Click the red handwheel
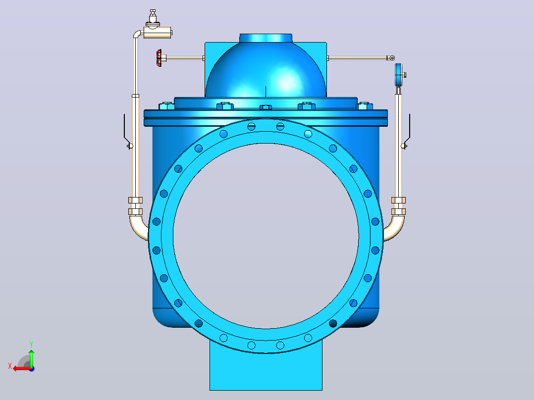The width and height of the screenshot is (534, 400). [x=159, y=58]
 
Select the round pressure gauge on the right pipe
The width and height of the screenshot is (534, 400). [x=398, y=75]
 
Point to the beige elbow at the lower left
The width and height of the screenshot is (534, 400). [x=138, y=228]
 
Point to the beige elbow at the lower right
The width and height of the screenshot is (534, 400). [x=395, y=228]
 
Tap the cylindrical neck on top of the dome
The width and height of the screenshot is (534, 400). [x=266, y=38]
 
